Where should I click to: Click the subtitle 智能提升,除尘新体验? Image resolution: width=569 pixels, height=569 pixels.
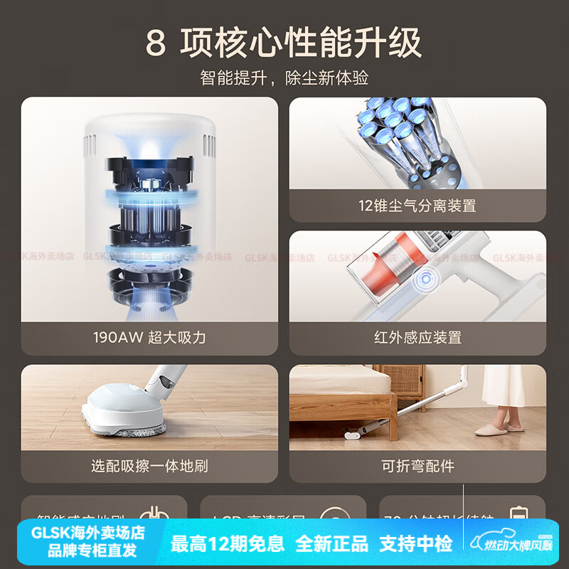coord(284,78)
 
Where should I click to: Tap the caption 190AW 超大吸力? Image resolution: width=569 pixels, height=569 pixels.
coord(149,337)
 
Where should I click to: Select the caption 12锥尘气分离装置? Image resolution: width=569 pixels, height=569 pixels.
coord(418,206)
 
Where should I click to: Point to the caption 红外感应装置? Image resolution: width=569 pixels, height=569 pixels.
coord(418,337)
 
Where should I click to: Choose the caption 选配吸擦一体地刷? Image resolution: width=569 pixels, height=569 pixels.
coord(149,467)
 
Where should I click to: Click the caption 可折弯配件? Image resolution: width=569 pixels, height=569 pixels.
coord(418,467)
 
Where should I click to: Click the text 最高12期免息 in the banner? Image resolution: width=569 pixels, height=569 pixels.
coord(228,545)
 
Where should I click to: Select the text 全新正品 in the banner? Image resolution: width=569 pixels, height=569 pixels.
coord(331,545)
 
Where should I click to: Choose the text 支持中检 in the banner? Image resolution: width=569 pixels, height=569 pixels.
coord(416,545)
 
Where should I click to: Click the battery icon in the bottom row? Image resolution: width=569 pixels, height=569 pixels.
coord(517,516)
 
